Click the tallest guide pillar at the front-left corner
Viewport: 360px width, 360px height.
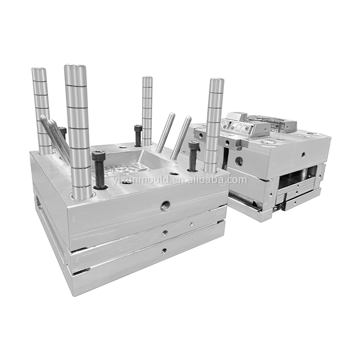pyautogui.click(x=79, y=131)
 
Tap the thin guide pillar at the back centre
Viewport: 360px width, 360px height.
pyautogui.click(x=147, y=111)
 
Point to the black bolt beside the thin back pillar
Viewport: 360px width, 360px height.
pyautogui.click(x=138, y=135)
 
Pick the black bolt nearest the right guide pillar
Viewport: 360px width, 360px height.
pyautogui.click(x=193, y=156)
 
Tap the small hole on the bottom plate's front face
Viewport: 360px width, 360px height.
pyautogui.click(x=164, y=251)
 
